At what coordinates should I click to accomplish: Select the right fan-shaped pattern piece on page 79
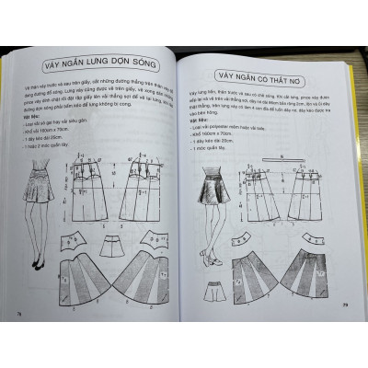click(x=303, y=275)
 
